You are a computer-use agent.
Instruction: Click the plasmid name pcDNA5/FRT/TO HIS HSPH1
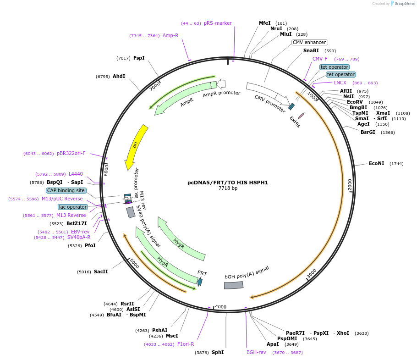point(228,182)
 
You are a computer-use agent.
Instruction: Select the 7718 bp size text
point(228,188)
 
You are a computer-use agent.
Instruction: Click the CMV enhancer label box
point(310,43)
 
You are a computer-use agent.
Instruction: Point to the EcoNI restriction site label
point(377,163)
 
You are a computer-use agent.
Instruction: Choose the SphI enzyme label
point(218,352)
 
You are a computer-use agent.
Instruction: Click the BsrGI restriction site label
point(371,133)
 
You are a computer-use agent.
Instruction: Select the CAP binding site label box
point(66,190)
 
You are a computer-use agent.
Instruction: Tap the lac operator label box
point(72,207)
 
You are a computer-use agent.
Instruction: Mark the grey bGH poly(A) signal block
point(234,285)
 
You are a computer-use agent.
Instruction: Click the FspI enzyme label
point(139,58)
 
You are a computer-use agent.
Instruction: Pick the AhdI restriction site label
point(119,76)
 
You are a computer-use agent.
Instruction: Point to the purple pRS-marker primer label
point(218,23)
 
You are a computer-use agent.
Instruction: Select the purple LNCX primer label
point(340,83)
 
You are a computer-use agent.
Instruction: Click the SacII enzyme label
point(101,271)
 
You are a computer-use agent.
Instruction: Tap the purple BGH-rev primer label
point(256,352)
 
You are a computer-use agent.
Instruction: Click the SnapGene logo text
point(405,4)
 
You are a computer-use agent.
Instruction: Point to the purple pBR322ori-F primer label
point(71,153)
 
